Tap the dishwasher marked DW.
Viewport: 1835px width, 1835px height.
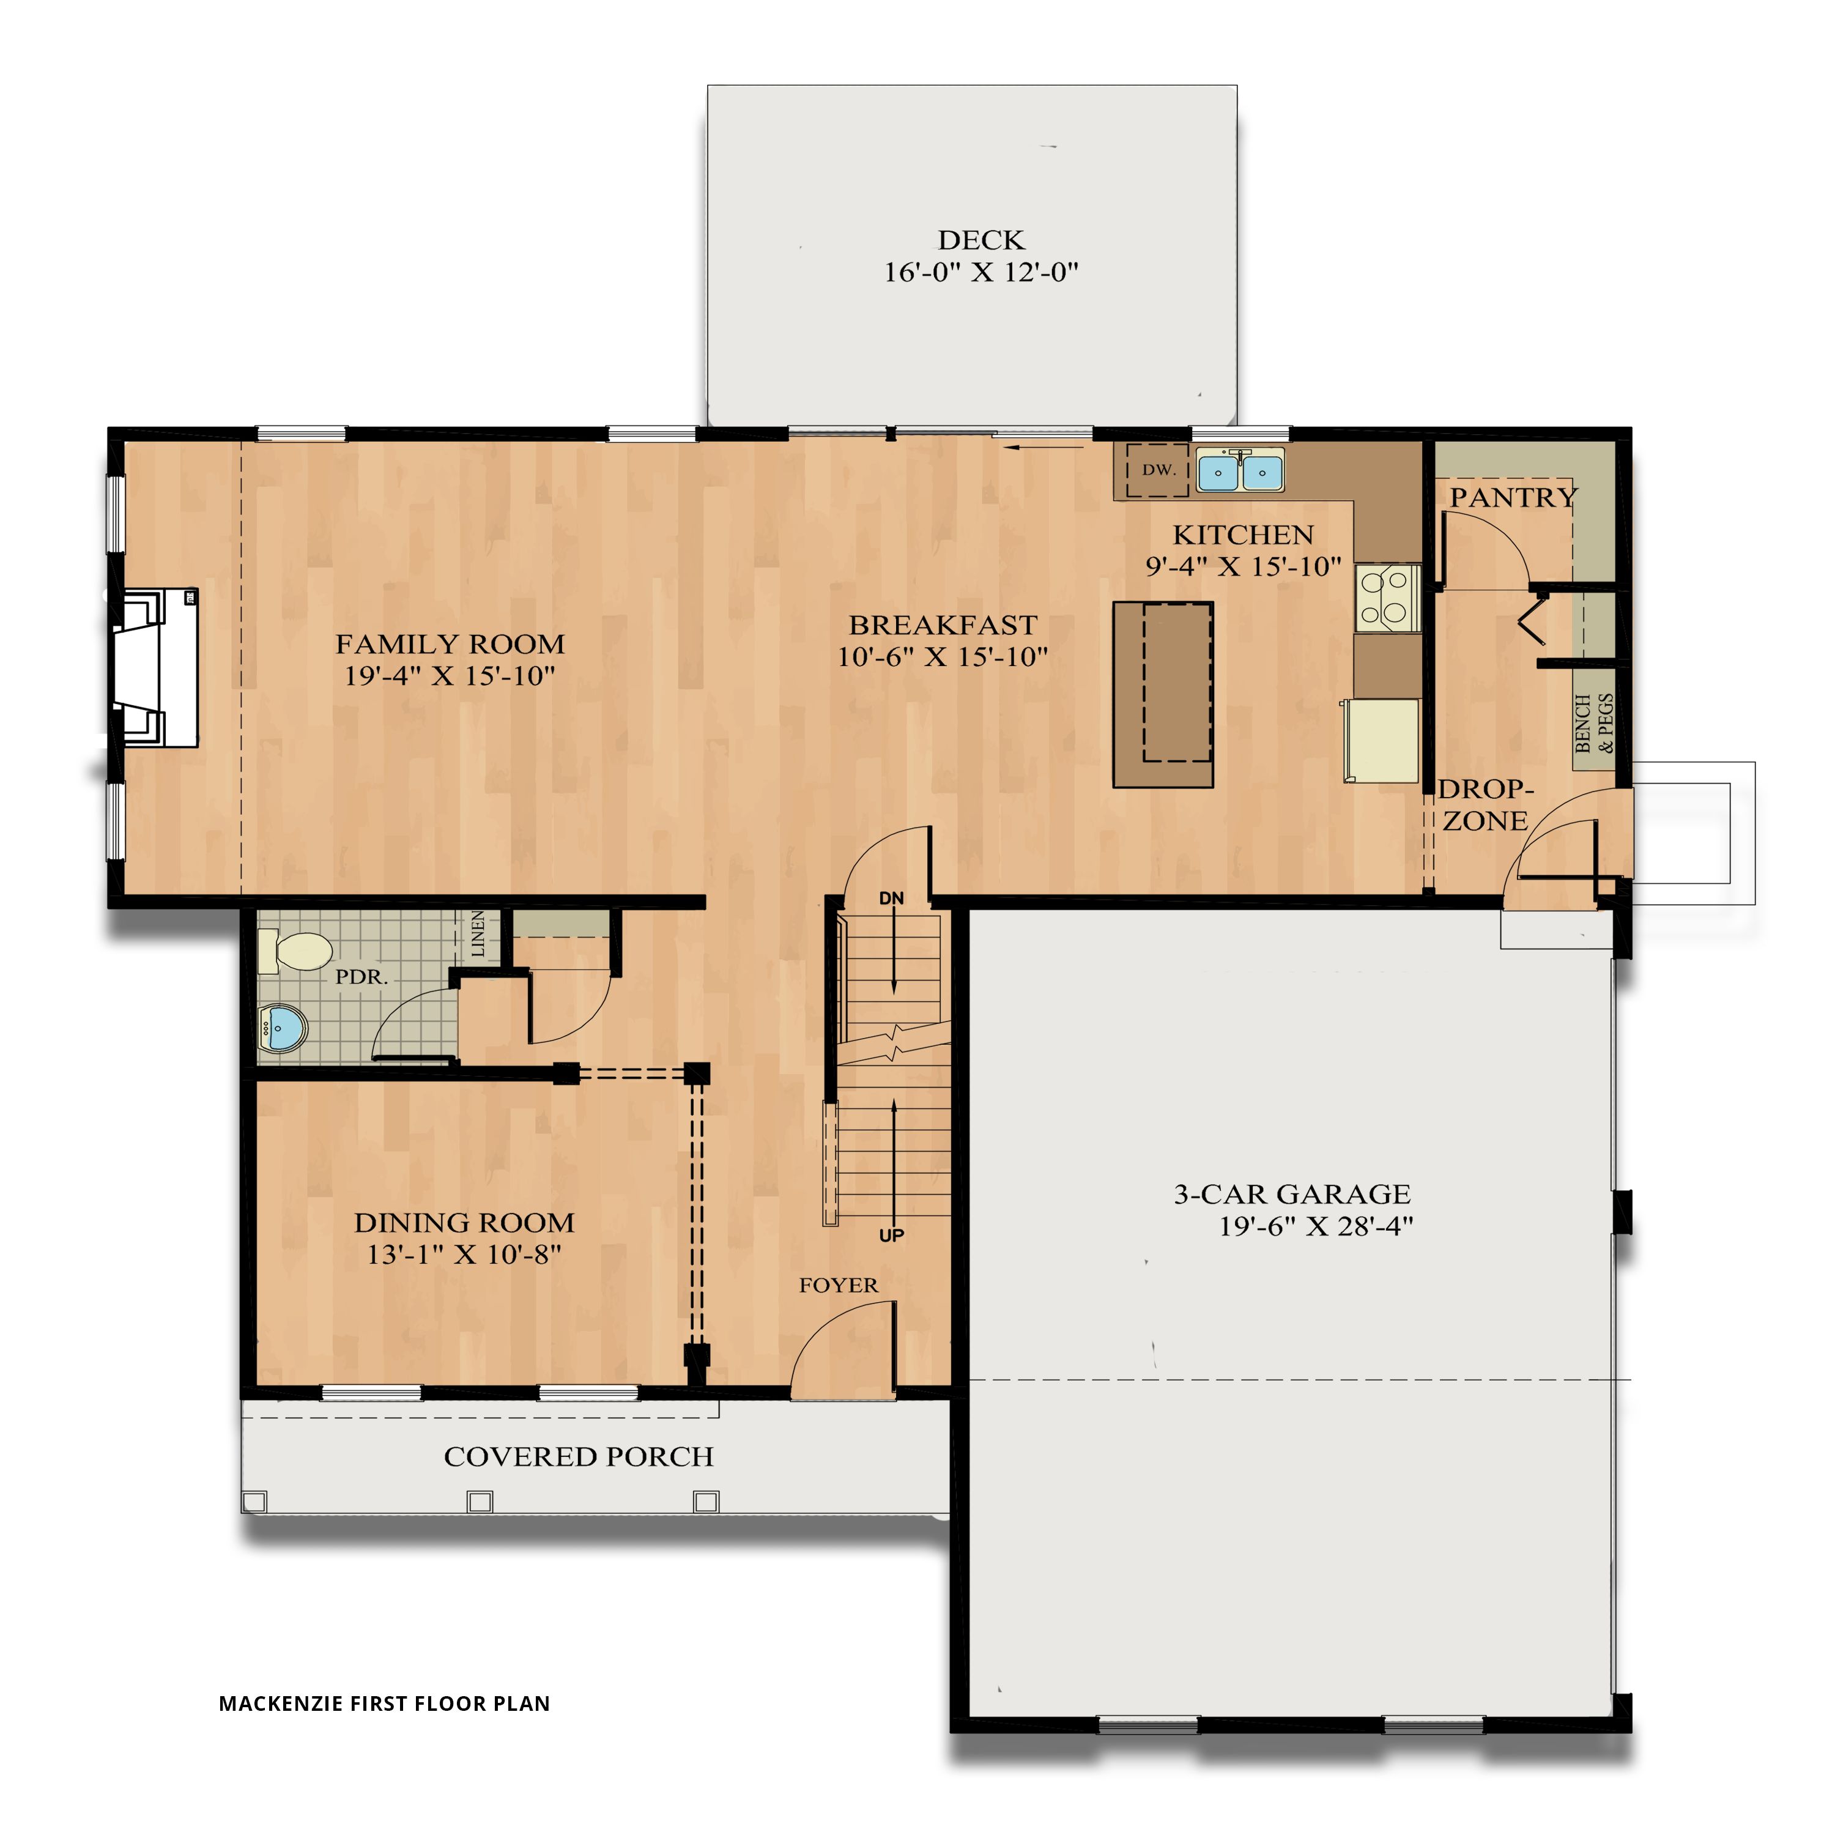coord(1157,470)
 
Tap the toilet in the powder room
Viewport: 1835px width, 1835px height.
coord(295,951)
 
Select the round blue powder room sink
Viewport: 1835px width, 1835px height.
coord(283,1027)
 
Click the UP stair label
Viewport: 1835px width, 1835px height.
coord(891,1236)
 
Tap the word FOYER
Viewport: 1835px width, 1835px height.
coord(838,1285)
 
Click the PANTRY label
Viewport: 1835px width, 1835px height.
coord(1512,497)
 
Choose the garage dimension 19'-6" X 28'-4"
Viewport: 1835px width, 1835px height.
coord(1316,1226)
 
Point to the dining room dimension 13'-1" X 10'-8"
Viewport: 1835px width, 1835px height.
coord(464,1255)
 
